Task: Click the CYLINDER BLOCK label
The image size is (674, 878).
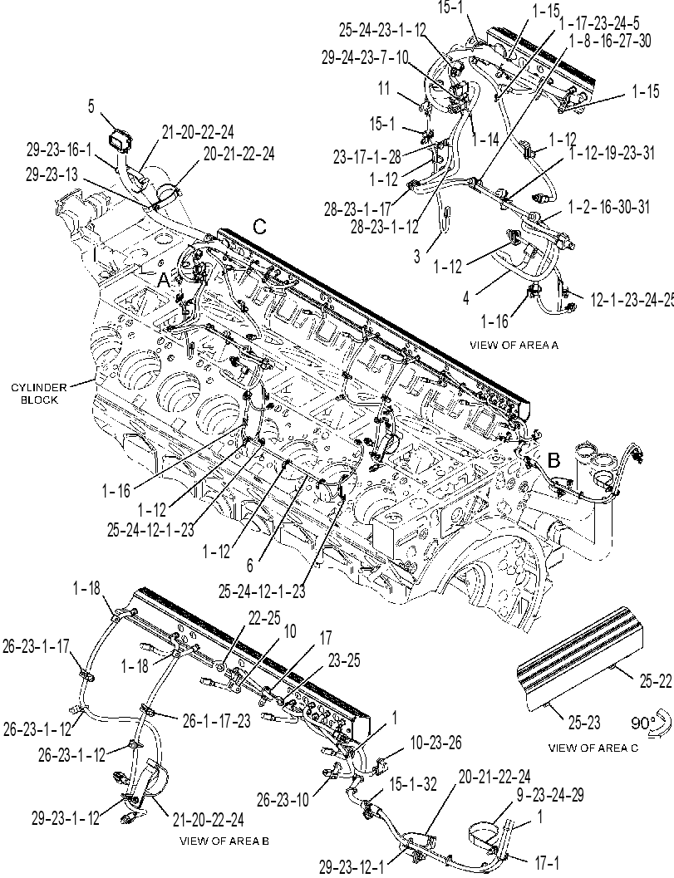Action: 39,394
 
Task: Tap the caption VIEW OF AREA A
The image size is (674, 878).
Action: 514,345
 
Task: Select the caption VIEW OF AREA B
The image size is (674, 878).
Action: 224,841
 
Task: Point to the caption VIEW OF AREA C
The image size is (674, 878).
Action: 593,748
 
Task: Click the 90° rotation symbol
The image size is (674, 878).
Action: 651,723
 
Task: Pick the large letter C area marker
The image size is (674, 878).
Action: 259,227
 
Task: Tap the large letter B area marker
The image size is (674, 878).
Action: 553,460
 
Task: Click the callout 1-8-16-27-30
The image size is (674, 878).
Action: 609,41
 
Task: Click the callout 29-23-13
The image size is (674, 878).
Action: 52,174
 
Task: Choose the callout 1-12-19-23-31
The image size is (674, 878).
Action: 612,153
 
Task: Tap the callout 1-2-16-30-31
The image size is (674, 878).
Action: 609,207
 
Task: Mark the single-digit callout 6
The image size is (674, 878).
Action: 250,566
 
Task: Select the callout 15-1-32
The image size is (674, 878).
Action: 413,784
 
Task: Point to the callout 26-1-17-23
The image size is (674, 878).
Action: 216,721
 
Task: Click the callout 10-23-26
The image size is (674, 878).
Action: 435,743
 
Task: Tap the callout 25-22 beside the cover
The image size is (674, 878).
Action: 655,681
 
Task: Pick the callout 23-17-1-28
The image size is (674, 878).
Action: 367,158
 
